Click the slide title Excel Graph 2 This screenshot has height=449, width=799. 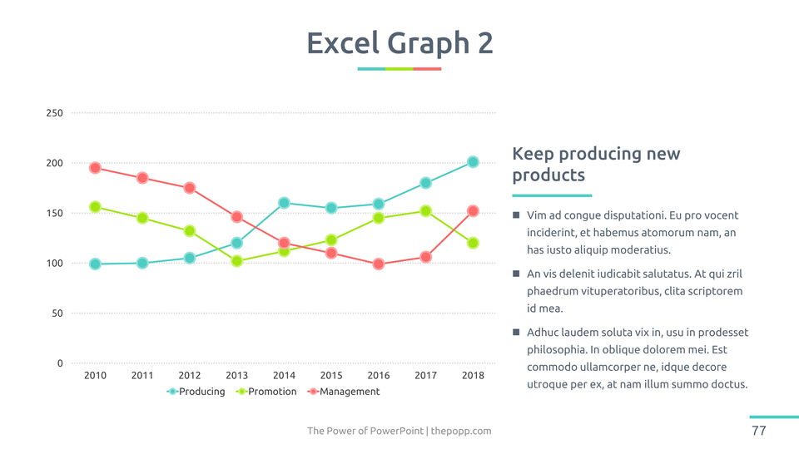click(399, 43)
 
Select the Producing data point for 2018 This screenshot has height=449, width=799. click(473, 162)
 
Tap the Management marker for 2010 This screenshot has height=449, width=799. click(95, 168)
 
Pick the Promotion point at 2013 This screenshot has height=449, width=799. click(236, 261)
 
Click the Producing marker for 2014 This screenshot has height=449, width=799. click(284, 203)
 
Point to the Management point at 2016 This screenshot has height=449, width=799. click(379, 264)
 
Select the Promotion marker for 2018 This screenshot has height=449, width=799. click(473, 243)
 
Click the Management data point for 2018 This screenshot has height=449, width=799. click(473, 211)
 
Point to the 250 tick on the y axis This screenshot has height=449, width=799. click(54, 113)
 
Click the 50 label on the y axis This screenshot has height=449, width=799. click(57, 313)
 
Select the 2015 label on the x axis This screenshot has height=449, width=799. click(331, 376)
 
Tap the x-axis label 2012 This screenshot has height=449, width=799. click(190, 376)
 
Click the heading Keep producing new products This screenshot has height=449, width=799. click(595, 165)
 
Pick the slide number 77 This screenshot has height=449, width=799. click(758, 431)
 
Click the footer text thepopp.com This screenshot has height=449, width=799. click(461, 431)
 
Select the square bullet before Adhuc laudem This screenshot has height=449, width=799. click(516, 333)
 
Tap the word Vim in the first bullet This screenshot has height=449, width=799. click(537, 216)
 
